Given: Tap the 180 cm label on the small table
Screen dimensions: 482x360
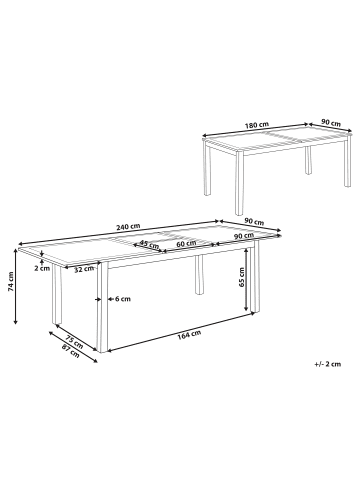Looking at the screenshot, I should (x=257, y=125).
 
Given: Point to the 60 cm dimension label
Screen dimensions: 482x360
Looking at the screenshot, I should (x=185, y=243).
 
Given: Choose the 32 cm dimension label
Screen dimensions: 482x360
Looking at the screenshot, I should (x=83, y=268).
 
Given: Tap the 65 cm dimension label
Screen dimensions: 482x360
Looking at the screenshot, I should (x=243, y=282).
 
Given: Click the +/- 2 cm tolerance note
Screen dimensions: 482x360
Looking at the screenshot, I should (x=324, y=366).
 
